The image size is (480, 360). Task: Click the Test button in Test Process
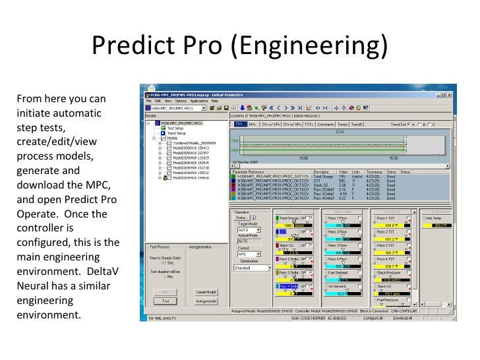coord(165,300)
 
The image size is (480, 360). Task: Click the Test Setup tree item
coord(175,128)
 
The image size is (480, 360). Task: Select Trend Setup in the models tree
coord(177,133)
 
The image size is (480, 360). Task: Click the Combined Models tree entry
coord(194,143)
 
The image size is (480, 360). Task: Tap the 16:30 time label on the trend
coord(393,158)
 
